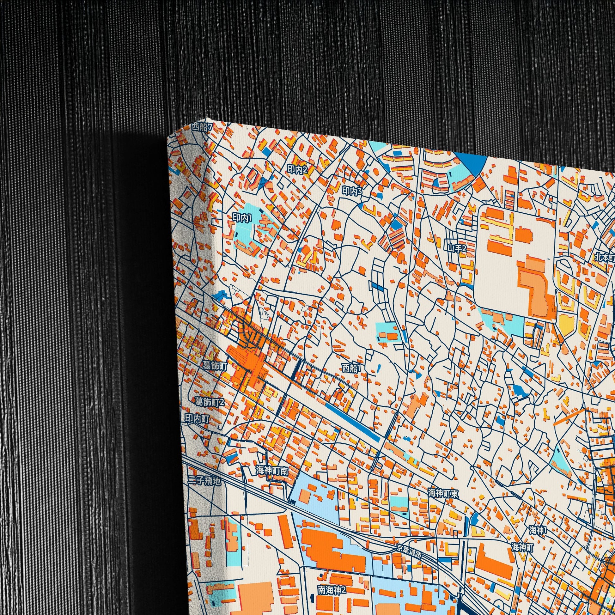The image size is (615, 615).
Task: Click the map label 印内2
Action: (x=297, y=169)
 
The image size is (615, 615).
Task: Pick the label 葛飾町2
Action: (x=210, y=402)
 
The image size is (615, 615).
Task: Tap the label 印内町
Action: (x=197, y=419)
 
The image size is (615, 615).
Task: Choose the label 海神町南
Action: (x=272, y=471)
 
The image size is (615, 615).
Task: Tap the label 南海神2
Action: (x=332, y=582)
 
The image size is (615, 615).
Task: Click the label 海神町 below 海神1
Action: (x=522, y=547)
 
